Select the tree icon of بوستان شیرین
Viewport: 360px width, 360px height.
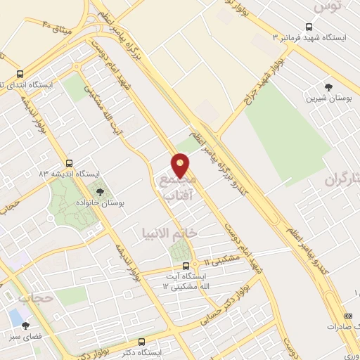(328, 86)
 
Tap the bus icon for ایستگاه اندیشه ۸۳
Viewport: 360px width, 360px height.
(69, 162)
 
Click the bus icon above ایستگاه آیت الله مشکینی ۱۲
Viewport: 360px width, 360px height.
(186, 266)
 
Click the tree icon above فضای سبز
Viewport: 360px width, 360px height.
(26, 326)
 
